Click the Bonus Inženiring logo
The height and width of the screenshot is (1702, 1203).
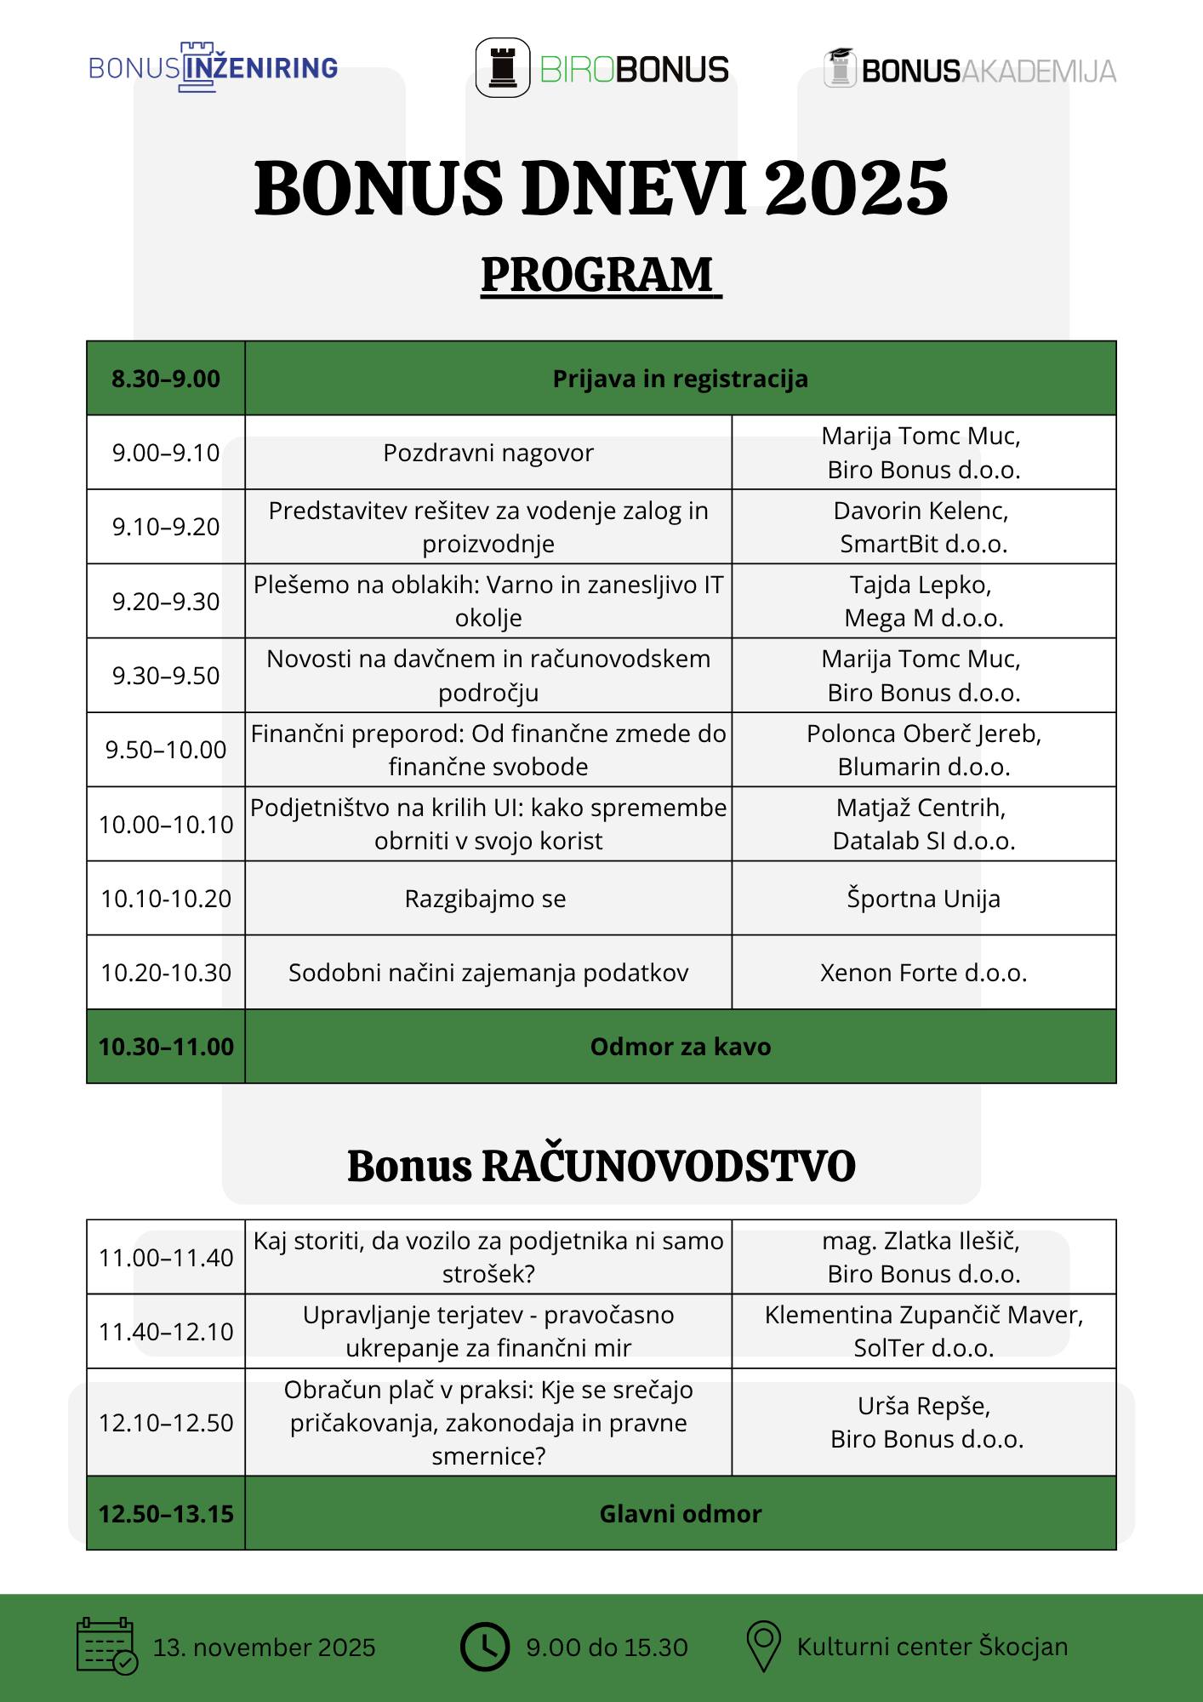[x=213, y=67]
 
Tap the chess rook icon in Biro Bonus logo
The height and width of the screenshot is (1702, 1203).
[x=503, y=67]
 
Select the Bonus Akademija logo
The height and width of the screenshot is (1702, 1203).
[x=969, y=69]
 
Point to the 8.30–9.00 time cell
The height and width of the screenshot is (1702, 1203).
[x=166, y=379]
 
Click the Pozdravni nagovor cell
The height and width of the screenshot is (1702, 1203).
[x=488, y=453]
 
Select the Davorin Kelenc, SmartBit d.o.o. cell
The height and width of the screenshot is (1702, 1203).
[x=923, y=527]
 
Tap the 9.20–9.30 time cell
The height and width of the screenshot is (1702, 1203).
[x=166, y=602]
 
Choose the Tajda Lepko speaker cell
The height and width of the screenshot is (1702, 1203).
[x=923, y=602]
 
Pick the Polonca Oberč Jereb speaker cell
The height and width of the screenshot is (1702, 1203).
[x=923, y=750]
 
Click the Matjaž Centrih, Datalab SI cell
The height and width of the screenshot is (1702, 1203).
[x=923, y=824]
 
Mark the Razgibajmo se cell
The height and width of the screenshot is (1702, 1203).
[x=488, y=899]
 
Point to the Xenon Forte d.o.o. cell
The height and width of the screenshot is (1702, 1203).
[x=923, y=973]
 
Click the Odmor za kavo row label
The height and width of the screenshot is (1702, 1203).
[x=681, y=1047]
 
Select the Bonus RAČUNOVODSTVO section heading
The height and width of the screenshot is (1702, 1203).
[x=601, y=1166]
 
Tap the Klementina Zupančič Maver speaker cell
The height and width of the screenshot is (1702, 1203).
[x=923, y=1332]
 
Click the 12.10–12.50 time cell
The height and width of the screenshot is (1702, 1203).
[x=166, y=1423]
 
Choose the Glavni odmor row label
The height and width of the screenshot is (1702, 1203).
[x=681, y=1514]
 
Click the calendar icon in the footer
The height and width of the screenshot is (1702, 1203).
[x=106, y=1646]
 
